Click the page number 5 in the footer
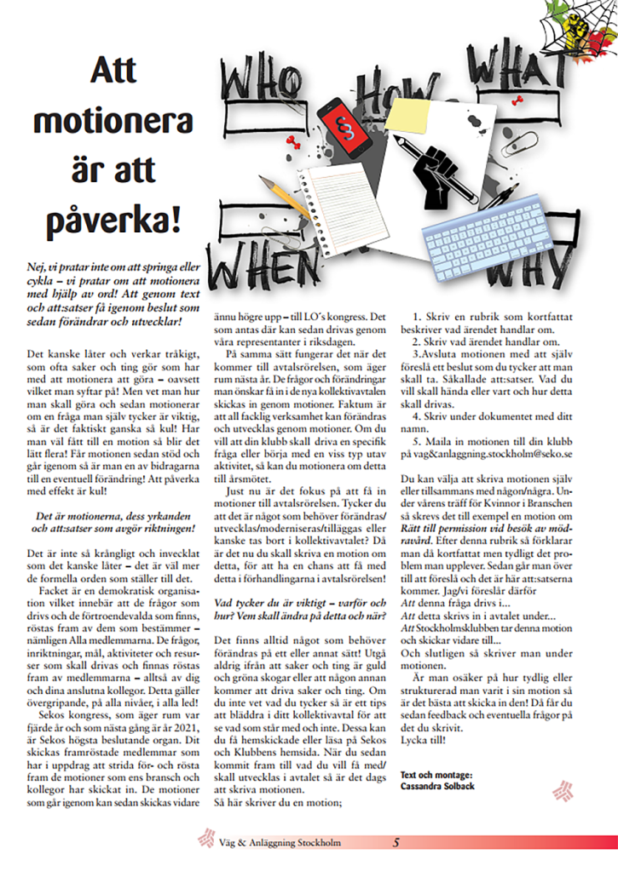click(396, 843)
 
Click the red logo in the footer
click(205, 842)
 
